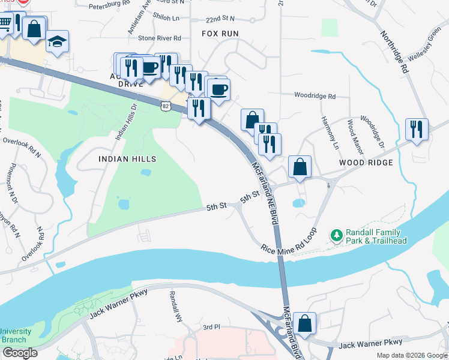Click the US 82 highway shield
[x=165, y=106]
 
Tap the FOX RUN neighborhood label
[x=220, y=34]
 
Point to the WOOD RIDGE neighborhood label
[x=366, y=163]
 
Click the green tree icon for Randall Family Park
[x=337, y=234]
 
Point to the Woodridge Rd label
[x=315, y=95]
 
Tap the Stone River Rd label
[x=159, y=38]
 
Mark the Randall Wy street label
[x=175, y=307]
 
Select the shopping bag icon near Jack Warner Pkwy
[x=306, y=323]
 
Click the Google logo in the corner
[x=19, y=353]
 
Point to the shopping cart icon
[x=5, y=23]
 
